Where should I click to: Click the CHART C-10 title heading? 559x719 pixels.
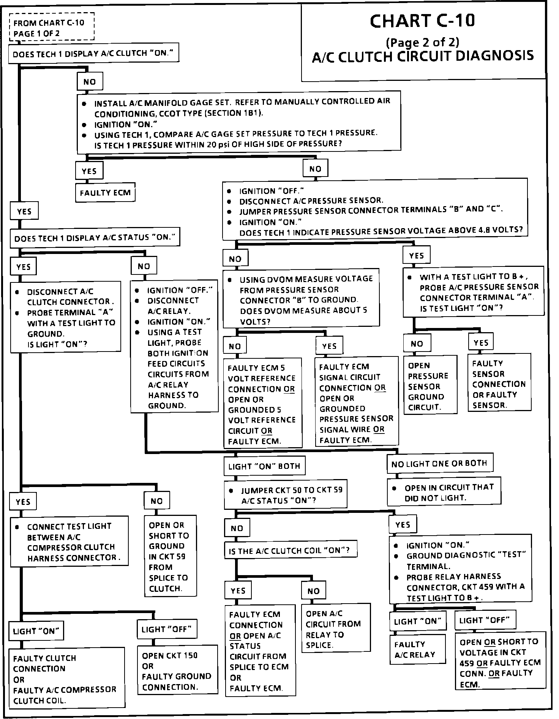click(422, 21)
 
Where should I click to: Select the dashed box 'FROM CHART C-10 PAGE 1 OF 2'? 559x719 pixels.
click(51, 28)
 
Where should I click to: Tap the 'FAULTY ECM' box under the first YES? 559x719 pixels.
click(105, 193)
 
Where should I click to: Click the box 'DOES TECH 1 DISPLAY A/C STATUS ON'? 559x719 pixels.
click(95, 238)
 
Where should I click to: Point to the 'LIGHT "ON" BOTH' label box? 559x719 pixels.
click(264, 466)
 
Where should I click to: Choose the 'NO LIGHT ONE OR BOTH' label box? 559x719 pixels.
click(439, 464)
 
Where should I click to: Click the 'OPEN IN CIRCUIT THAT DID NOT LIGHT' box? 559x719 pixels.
click(444, 492)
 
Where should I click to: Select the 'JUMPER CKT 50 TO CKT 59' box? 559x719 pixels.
click(286, 495)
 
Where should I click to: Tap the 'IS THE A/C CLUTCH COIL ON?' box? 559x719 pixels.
click(291, 550)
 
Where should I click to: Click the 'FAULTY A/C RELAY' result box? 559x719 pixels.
click(417, 649)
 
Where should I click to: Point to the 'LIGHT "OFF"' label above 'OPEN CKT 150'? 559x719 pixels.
click(166, 630)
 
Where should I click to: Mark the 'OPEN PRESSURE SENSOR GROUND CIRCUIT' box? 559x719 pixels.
click(430, 386)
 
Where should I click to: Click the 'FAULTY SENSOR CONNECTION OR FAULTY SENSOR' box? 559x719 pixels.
click(499, 384)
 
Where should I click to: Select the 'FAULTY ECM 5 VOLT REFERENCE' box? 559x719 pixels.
click(262, 404)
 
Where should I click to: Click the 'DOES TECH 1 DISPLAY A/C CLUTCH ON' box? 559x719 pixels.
click(94, 54)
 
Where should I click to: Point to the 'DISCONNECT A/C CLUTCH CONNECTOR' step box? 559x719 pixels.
click(66, 317)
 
